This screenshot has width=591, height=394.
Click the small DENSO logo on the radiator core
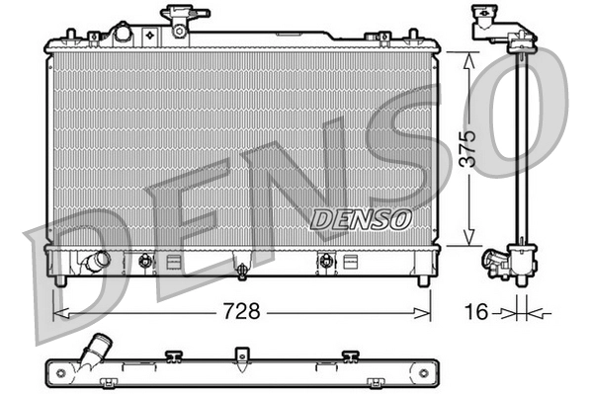pyautogui.click(x=357, y=219)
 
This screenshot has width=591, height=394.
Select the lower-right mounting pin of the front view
pyautogui.click(x=423, y=279)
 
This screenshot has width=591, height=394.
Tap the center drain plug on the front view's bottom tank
pyautogui.click(x=240, y=267)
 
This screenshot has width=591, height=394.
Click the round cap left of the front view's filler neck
pyautogui.click(x=123, y=33)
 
